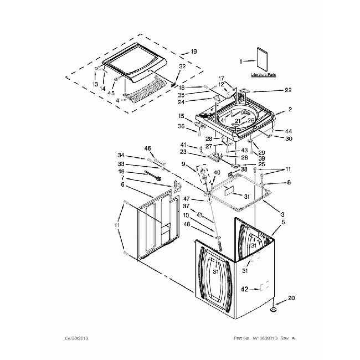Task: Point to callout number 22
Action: tap(288, 90)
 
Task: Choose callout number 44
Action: tap(289, 131)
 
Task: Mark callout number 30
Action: tap(289, 138)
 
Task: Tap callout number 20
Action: tap(292, 298)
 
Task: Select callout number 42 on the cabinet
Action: tap(245, 289)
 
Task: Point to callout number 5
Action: tap(283, 222)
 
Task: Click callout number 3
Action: tap(283, 214)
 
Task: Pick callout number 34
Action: tap(121, 156)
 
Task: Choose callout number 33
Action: tap(121, 164)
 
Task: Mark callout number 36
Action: tap(182, 127)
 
